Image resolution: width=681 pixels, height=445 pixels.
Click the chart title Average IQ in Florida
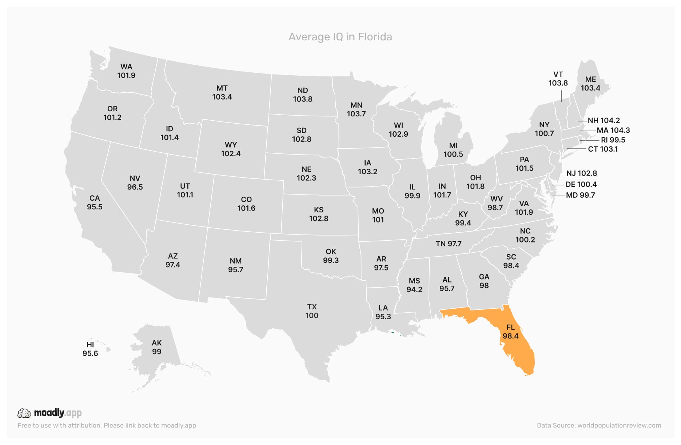tap(340, 37)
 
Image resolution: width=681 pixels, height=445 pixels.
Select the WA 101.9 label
tap(126, 71)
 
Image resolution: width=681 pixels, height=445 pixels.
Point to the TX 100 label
tap(312, 311)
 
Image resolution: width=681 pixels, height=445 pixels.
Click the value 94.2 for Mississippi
tap(414, 290)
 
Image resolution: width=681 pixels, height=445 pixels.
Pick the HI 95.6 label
tap(90, 349)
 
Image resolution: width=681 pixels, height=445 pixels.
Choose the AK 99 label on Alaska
tap(157, 347)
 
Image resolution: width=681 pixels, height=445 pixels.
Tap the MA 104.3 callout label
tap(613, 130)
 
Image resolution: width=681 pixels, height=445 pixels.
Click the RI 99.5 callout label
tap(613, 140)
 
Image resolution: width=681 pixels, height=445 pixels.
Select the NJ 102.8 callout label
tap(582, 173)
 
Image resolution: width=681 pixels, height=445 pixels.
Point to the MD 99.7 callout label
tap(581, 195)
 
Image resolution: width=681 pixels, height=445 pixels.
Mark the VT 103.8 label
tap(558, 79)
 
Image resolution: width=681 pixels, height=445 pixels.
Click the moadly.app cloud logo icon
tap(24, 413)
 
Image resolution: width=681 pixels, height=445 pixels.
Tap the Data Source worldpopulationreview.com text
tap(599, 425)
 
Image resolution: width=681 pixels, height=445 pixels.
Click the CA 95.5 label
tap(95, 203)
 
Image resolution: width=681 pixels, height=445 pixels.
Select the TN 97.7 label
tap(449, 244)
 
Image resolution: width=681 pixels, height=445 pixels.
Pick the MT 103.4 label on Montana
tap(222, 93)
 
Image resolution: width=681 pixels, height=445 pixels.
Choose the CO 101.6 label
tap(246, 204)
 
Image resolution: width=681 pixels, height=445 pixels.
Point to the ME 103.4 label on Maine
tap(590, 84)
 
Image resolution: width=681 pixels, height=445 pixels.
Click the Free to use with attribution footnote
tap(107, 425)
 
